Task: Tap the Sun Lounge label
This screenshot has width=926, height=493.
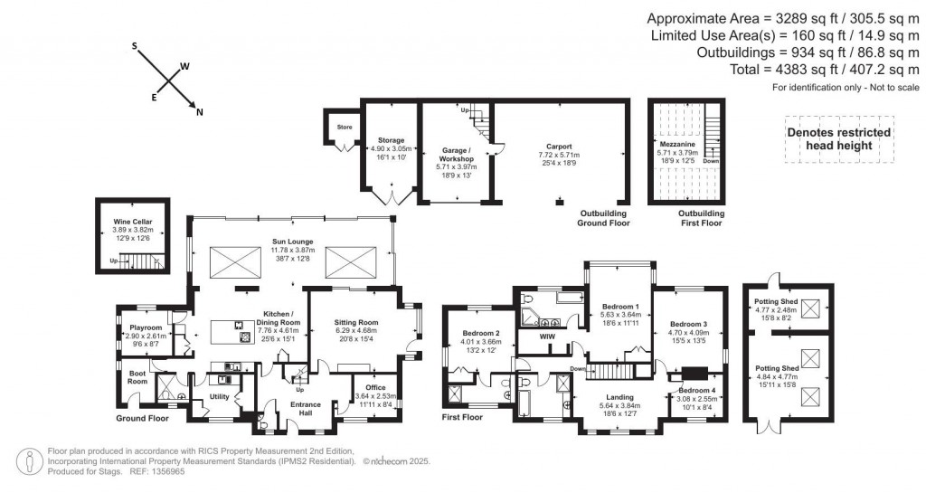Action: pos(290,242)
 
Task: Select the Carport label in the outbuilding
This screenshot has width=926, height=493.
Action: pos(559,146)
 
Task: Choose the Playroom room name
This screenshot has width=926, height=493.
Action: pos(144,327)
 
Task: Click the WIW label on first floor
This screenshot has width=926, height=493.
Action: pos(545,337)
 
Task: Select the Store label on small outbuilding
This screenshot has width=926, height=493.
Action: pos(344,127)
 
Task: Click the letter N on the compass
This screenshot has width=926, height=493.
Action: pos(200,112)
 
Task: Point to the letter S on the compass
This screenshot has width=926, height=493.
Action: pos(135,44)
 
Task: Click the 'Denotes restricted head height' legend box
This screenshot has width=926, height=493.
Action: pos(838,138)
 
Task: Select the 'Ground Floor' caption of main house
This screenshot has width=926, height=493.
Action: pos(142,419)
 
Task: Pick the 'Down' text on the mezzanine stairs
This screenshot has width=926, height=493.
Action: pos(712,161)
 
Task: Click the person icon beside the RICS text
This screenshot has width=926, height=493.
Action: pos(31,460)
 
